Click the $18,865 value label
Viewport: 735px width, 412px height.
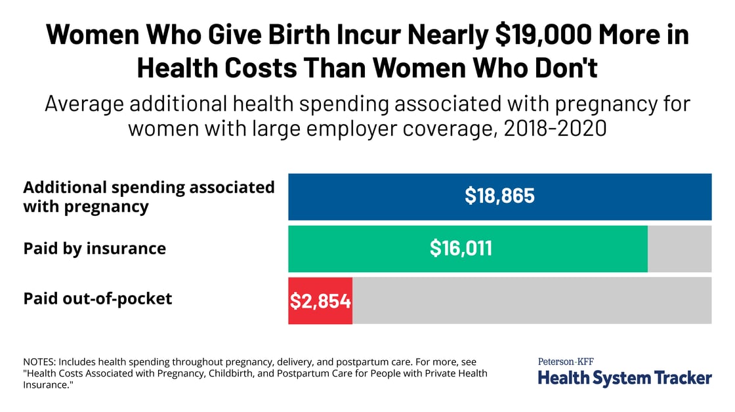pyautogui.click(x=499, y=196)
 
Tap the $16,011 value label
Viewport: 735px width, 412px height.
pyautogui.click(x=461, y=248)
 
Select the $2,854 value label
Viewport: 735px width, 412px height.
pyautogui.click(x=320, y=301)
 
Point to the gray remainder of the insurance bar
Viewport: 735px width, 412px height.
pyautogui.click(x=679, y=248)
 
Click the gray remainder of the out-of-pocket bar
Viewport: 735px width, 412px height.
pyautogui.click(x=532, y=300)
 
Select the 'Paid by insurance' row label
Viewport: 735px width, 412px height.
pyautogui.click(x=94, y=249)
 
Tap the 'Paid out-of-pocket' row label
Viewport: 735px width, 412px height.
pyautogui.click(x=98, y=299)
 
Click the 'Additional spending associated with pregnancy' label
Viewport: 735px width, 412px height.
pyautogui.click(x=149, y=197)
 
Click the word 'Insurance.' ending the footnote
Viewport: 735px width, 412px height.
pyautogui.click(x=47, y=386)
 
